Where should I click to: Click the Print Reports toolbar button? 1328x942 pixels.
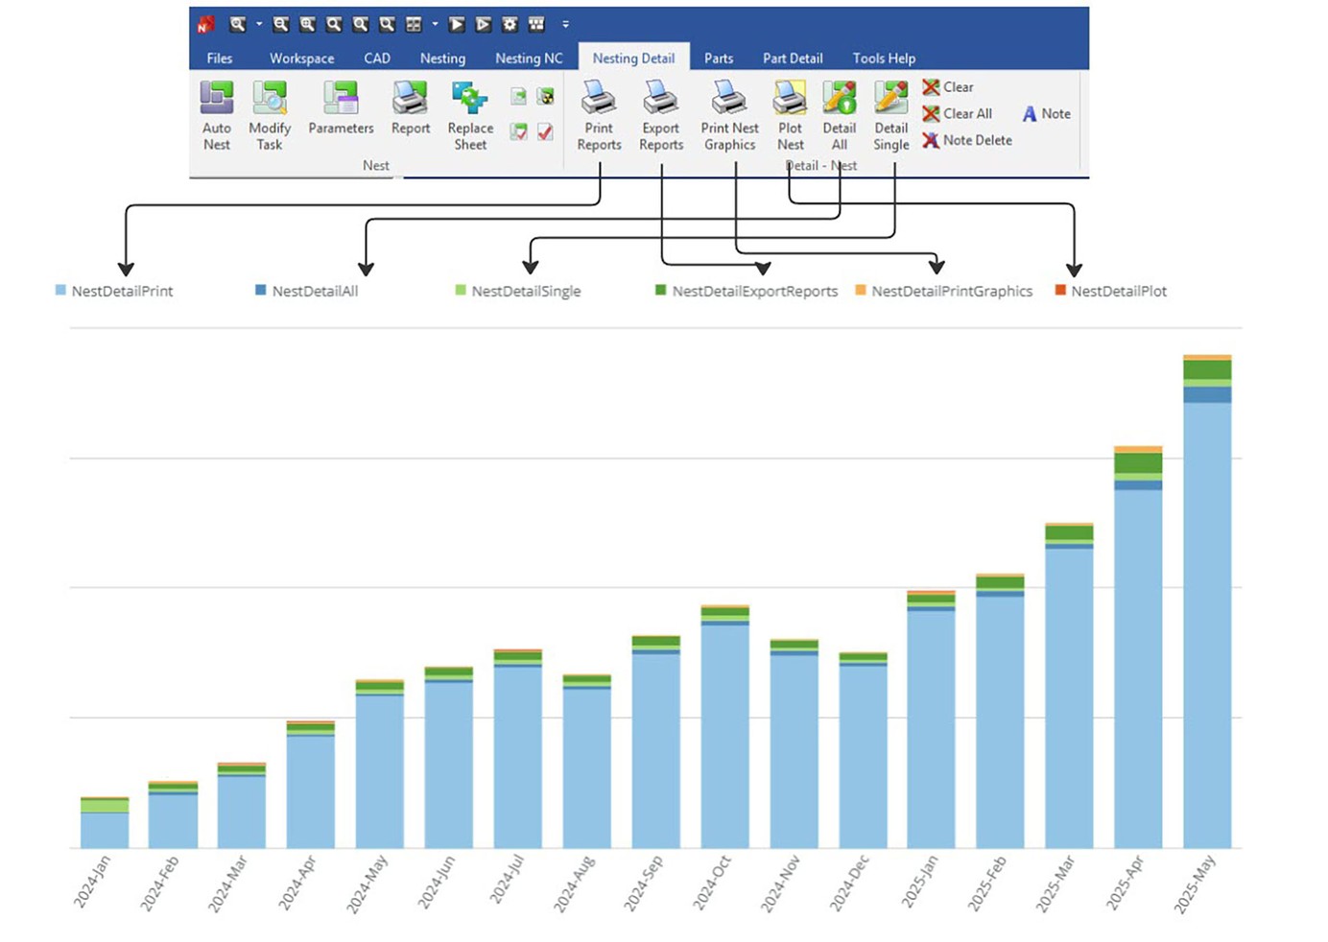coord(599,116)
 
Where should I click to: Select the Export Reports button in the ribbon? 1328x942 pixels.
coord(661,116)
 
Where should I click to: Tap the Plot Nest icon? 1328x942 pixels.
coord(790,116)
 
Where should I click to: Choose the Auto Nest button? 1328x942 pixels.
coord(217,116)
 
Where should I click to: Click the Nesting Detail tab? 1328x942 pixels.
coord(633,59)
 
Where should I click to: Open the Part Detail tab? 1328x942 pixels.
coord(793,59)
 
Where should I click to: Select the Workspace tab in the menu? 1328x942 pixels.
coord(301,59)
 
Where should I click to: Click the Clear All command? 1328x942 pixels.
coord(957,113)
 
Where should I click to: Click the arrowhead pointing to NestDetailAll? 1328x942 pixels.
coord(366,269)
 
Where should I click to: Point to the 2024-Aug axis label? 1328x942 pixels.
coord(576,883)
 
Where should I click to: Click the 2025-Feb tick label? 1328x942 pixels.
coord(988,883)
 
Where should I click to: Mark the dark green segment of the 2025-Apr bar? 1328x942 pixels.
coord(1138,463)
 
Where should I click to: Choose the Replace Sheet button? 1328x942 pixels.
coord(470,116)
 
